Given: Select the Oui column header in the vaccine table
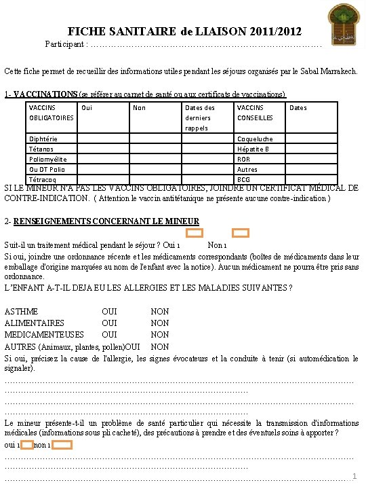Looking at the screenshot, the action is coord(86,107).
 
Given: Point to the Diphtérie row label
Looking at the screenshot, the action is coord(43,139).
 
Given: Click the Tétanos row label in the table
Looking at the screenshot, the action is coord(41,149).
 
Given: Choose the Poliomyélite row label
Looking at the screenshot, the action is coord(47,160).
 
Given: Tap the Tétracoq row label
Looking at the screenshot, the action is coord(42,180).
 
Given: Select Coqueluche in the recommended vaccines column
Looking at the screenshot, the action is coord(255,139).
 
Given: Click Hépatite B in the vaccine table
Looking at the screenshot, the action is coord(253,149).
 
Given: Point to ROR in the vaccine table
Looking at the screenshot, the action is coord(243,160).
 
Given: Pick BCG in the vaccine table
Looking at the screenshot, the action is coord(243,180).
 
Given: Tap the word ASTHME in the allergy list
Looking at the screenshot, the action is coord(22,312).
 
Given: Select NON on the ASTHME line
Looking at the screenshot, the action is coord(160,312).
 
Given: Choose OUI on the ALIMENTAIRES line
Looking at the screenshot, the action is coord(109,323).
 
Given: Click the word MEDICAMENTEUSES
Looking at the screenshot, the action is coord(44,335).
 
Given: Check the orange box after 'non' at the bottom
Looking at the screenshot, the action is coord(62,446).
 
